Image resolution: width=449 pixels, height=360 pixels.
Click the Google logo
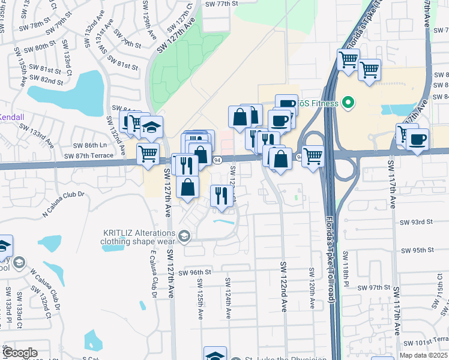19,353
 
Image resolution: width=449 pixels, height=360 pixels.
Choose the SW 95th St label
417,250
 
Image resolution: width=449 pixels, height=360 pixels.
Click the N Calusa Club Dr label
65,204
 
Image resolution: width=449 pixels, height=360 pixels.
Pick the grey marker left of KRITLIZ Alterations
184,236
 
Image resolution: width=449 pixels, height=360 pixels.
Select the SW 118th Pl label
346,269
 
